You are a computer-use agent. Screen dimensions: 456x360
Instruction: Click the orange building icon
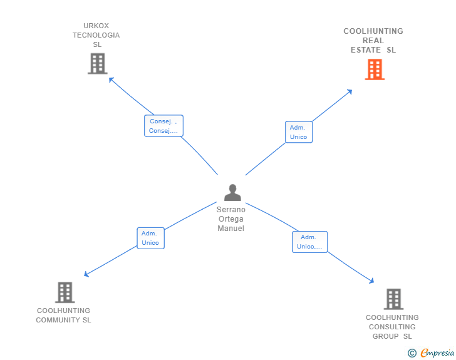click(x=375, y=69)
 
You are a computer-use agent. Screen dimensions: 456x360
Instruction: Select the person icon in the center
click(x=232, y=192)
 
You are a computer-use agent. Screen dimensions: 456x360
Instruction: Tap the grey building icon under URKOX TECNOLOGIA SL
click(x=98, y=63)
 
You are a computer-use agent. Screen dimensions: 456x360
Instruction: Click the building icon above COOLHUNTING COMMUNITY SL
click(x=65, y=292)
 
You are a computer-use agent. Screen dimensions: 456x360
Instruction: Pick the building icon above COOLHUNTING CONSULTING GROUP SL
click(x=393, y=299)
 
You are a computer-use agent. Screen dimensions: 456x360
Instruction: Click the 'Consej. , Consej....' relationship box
click(x=163, y=126)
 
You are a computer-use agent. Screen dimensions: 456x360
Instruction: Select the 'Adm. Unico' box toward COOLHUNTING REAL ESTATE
click(x=299, y=132)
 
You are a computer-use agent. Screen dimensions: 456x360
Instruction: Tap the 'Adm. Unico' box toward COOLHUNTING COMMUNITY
click(x=150, y=238)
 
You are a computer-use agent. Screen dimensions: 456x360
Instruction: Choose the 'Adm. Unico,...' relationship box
click(x=309, y=242)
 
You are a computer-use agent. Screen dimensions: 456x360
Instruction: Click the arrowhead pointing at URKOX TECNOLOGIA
click(x=111, y=79)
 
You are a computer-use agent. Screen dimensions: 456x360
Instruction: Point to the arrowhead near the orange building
click(x=350, y=91)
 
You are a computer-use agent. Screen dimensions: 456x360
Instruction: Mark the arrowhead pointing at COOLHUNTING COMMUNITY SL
click(x=86, y=274)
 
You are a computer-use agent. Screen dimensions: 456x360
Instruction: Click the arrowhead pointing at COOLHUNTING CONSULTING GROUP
click(x=371, y=281)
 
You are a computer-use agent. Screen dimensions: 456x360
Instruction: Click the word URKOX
click(x=96, y=26)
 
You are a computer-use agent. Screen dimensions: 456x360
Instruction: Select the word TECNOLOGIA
click(x=96, y=35)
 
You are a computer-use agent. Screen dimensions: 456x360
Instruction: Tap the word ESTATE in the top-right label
click(x=366, y=50)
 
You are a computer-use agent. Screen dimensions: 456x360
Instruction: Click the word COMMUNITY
click(x=58, y=320)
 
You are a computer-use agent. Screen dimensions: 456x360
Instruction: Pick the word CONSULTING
click(x=392, y=327)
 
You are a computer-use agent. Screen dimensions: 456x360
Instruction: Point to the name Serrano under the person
click(x=231, y=210)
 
